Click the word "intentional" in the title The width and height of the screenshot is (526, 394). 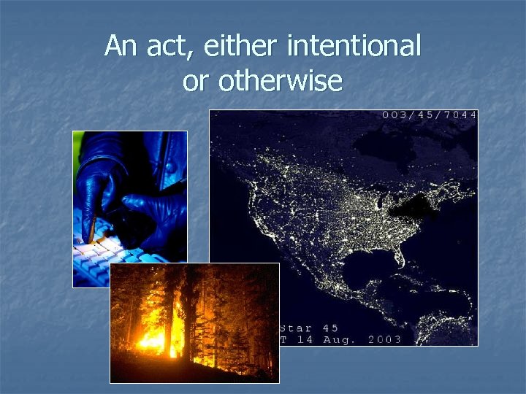click(x=354, y=47)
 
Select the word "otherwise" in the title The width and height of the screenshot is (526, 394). click(x=280, y=81)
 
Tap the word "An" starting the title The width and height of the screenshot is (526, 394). click(x=120, y=47)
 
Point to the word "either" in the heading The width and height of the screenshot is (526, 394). click(x=243, y=47)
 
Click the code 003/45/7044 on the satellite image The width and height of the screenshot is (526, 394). click(x=430, y=115)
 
